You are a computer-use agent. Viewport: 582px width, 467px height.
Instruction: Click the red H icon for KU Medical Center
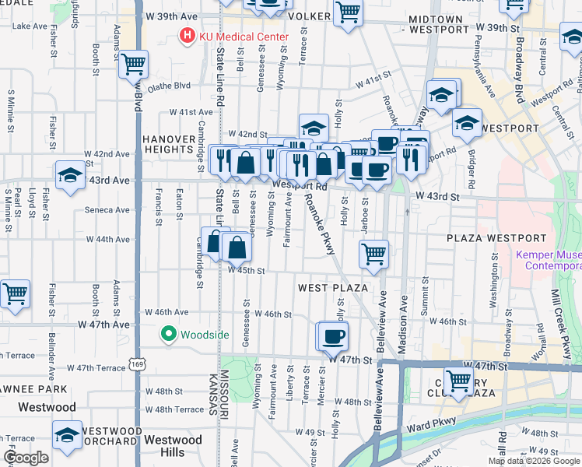[x=187, y=36]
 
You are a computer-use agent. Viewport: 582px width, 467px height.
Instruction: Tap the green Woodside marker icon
[x=167, y=335]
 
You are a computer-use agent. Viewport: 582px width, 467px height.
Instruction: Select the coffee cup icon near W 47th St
[x=333, y=336]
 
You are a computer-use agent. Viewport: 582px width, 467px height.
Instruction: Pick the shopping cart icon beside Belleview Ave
[x=374, y=253]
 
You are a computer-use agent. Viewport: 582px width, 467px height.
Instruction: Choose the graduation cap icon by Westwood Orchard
[x=67, y=434]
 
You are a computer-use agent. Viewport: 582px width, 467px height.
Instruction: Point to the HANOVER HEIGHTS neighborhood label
[x=169, y=144]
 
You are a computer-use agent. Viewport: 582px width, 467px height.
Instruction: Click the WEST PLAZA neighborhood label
[x=333, y=288]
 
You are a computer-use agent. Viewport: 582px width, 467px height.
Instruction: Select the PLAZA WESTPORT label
[x=488, y=237]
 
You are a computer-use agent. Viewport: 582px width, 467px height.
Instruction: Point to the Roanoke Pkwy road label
[x=319, y=222]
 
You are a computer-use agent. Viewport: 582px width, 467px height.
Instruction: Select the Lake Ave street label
[x=30, y=26]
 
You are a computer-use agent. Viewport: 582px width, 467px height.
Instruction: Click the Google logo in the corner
[x=26, y=458]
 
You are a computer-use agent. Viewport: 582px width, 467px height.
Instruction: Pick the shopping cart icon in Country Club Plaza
[x=459, y=381]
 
